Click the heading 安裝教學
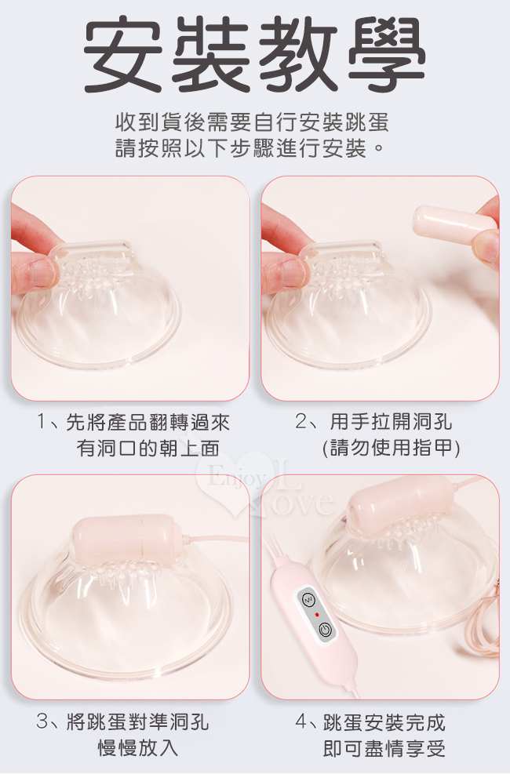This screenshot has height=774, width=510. coord(254,53)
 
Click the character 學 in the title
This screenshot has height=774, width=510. coord(387,53)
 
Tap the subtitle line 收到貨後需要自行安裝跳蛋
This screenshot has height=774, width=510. coord(253,122)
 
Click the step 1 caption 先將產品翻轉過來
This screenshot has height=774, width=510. coord(148,423)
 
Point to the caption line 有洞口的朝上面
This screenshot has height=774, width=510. coord(148,449)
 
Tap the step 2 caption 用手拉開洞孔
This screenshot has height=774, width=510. coord(391,422)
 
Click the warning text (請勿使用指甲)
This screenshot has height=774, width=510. coord(391,448)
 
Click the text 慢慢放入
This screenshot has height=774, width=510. coord(138,747)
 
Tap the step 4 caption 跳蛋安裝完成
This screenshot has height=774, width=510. coord(384,723)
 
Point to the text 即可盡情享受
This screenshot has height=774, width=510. coord(384,748)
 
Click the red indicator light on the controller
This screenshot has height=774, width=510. coord(316,615)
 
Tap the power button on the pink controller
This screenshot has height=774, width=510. coord(325,630)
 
